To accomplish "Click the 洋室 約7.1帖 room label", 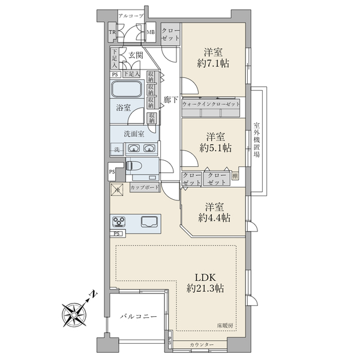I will click(214, 56).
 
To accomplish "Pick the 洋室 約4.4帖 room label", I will click(214, 211).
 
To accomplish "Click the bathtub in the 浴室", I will click(126, 90).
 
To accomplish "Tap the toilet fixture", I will click(135, 165).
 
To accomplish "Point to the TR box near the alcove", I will click(112, 32).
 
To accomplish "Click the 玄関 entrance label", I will click(135, 56).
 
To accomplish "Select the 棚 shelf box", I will click(235, 176).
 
